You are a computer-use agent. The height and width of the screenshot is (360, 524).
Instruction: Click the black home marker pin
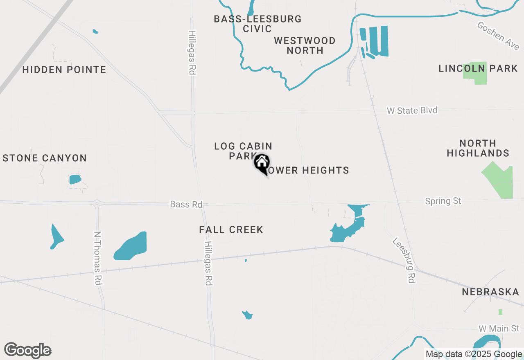pyautogui.click(x=262, y=163)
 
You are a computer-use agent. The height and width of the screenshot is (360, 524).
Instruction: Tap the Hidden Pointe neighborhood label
pyautogui.click(x=64, y=70)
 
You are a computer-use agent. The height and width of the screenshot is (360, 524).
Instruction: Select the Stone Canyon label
pyautogui.click(x=45, y=158)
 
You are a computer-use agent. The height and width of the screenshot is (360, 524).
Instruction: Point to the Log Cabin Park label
pyautogui.click(x=243, y=151)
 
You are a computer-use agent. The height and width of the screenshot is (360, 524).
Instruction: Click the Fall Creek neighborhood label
pyautogui.click(x=231, y=230)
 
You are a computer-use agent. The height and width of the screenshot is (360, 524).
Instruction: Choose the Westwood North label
pyautogui.click(x=305, y=45)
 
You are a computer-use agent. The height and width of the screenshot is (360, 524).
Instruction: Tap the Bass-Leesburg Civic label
pyautogui.click(x=257, y=24)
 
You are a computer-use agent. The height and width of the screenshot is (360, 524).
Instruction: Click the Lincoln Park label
pyautogui.click(x=478, y=69)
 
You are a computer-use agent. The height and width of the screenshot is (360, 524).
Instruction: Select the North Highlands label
pyautogui.click(x=478, y=148)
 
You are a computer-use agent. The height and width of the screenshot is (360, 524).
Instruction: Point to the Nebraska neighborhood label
pyautogui.click(x=490, y=292)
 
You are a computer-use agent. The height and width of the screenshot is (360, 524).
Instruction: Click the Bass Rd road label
pyautogui.click(x=186, y=204)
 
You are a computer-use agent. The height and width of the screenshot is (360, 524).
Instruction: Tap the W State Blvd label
pyautogui.click(x=412, y=110)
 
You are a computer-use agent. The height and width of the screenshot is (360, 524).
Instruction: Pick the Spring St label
pyautogui.click(x=443, y=201)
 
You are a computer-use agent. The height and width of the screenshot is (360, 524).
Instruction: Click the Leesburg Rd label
pyautogui.click(x=404, y=260)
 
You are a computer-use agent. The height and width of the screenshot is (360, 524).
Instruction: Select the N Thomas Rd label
pyautogui.click(x=97, y=259)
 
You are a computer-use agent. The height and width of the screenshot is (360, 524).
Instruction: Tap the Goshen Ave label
pyautogui.click(x=498, y=36)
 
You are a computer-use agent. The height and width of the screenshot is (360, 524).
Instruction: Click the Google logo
pyautogui.click(x=28, y=350)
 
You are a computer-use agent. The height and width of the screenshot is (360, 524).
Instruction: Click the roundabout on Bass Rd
pyautogui.click(x=97, y=202)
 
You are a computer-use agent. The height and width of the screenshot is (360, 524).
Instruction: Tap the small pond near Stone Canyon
pyautogui.click(x=75, y=179)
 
